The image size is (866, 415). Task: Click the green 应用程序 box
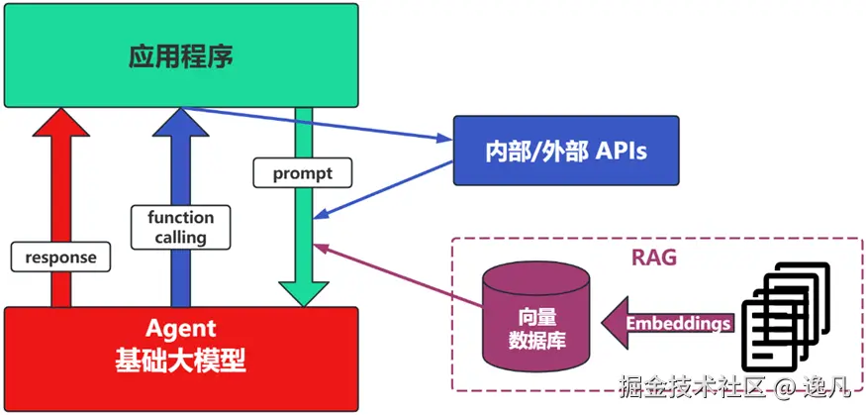tap(180, 54)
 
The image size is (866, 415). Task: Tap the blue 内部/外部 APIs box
tap(566, 151)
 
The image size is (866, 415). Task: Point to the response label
tap(61, 258)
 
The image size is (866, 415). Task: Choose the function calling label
tap(180, 227)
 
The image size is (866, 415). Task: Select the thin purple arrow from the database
tap(396, 276)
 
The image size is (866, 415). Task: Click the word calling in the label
tap(180, 237)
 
